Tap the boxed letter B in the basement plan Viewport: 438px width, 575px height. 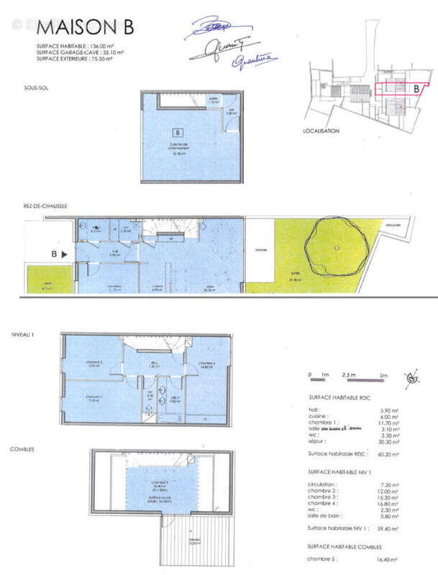pos(176,132)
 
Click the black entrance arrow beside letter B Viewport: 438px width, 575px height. pos(64,254)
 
